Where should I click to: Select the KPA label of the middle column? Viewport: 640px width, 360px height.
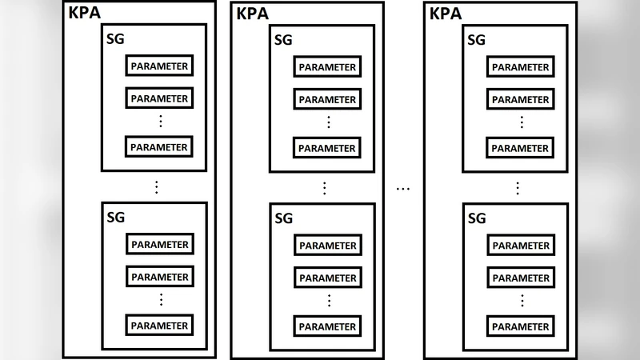tap(252, 14)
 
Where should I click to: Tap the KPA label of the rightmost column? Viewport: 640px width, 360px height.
tap(446, 14)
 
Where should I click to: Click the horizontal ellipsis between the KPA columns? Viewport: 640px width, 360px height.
tap(403, 189)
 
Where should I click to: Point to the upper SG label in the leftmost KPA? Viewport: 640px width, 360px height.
tap(115, 38)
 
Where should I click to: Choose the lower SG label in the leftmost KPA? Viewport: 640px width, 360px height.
tap(115, 217)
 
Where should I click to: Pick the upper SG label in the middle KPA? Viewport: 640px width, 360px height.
tap(284, 39)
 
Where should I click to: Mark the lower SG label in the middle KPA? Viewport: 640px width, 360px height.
tap(284, 218)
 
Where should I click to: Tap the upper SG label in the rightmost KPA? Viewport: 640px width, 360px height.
tap(477, 39)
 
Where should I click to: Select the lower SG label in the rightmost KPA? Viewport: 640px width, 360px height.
tap(477, 218)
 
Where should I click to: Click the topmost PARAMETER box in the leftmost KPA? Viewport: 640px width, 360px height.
tap(159, 66)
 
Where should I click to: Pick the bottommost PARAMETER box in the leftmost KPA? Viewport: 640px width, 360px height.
tap(159, 326)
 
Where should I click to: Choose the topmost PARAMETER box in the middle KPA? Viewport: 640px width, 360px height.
tap(327, 67)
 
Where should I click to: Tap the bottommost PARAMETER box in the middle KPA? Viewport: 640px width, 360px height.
tap(327, 326)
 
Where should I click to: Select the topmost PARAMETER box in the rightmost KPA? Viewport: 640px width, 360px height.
tap(521, 67)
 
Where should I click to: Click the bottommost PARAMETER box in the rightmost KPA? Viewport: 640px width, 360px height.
tap(521, 326)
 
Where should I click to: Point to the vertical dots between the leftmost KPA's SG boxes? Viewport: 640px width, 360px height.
tap(157, 187)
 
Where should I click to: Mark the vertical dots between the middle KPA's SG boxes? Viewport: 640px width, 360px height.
tap(325, 188)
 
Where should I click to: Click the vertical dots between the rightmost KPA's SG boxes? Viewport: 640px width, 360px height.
tap(518, 188)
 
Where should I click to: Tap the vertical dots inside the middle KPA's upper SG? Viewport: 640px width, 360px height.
tap(328, 122)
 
